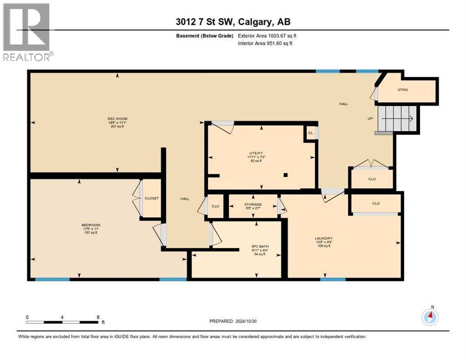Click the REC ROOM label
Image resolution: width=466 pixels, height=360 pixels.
pos(117,119)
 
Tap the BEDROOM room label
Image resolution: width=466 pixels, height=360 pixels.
pos(91,225)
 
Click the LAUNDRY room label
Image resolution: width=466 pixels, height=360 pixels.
pos(323,238)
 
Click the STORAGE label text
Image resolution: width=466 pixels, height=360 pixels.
pos(253,204)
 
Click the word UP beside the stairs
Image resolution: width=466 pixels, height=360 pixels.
pos(370,118)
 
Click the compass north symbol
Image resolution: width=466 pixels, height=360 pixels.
pos(429,316)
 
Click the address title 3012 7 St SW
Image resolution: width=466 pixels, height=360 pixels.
pos(233,22)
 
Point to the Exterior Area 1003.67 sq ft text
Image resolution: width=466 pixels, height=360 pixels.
pos(267,36)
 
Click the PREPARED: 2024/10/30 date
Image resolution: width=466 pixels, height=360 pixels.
pos(233,322)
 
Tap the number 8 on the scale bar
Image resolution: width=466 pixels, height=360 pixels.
pos(98,317)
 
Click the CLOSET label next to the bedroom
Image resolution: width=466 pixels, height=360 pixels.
pos(151,198)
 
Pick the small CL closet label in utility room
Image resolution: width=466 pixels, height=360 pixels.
pos(310,133)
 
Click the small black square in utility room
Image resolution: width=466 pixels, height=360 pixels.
pos(285,175)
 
